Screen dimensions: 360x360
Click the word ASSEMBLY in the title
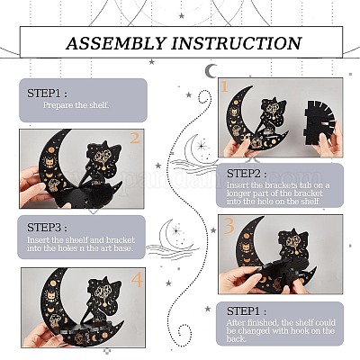tap(116, 43)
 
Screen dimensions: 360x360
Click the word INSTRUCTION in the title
tap(237, 43)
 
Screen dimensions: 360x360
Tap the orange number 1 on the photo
tap(225, 86)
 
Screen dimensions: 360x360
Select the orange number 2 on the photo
tap(135, 139)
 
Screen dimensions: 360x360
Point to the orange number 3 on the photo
tap(229, 226)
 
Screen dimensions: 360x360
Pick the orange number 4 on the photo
tap(137, 280)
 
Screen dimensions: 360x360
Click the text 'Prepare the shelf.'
tap(76, 105)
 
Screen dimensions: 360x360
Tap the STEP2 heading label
tap(247, 174)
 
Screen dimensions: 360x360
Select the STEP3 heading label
tap(47, 228)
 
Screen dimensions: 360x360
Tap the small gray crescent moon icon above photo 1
tap(211, 71)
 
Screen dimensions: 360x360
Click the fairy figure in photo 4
tap(103, 302)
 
